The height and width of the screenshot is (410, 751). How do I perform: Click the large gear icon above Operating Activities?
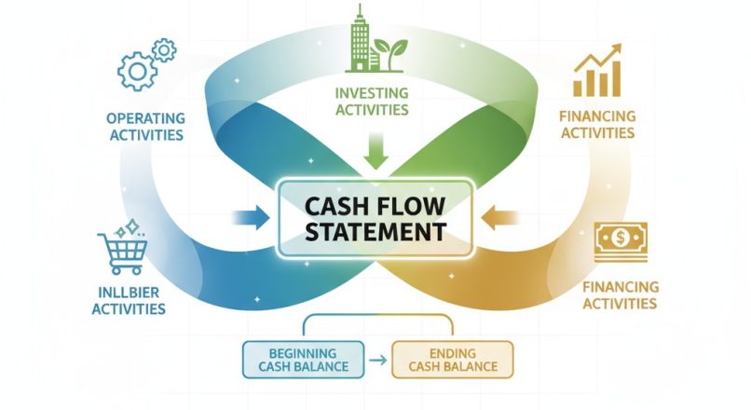tap(137, 72)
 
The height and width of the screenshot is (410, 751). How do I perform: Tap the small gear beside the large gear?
tap(164, 48)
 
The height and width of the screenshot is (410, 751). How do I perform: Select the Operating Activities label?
tap(145, 127)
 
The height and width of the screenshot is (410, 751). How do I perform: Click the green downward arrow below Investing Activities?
tap(375, 152)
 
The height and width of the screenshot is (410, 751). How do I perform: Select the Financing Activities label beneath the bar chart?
tap(597, 125)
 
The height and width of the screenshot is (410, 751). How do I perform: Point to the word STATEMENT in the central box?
tap(375, 233)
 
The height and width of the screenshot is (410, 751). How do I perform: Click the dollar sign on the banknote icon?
tap(621, 239)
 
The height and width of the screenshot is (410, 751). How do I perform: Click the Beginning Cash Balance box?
tap(300, 359)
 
